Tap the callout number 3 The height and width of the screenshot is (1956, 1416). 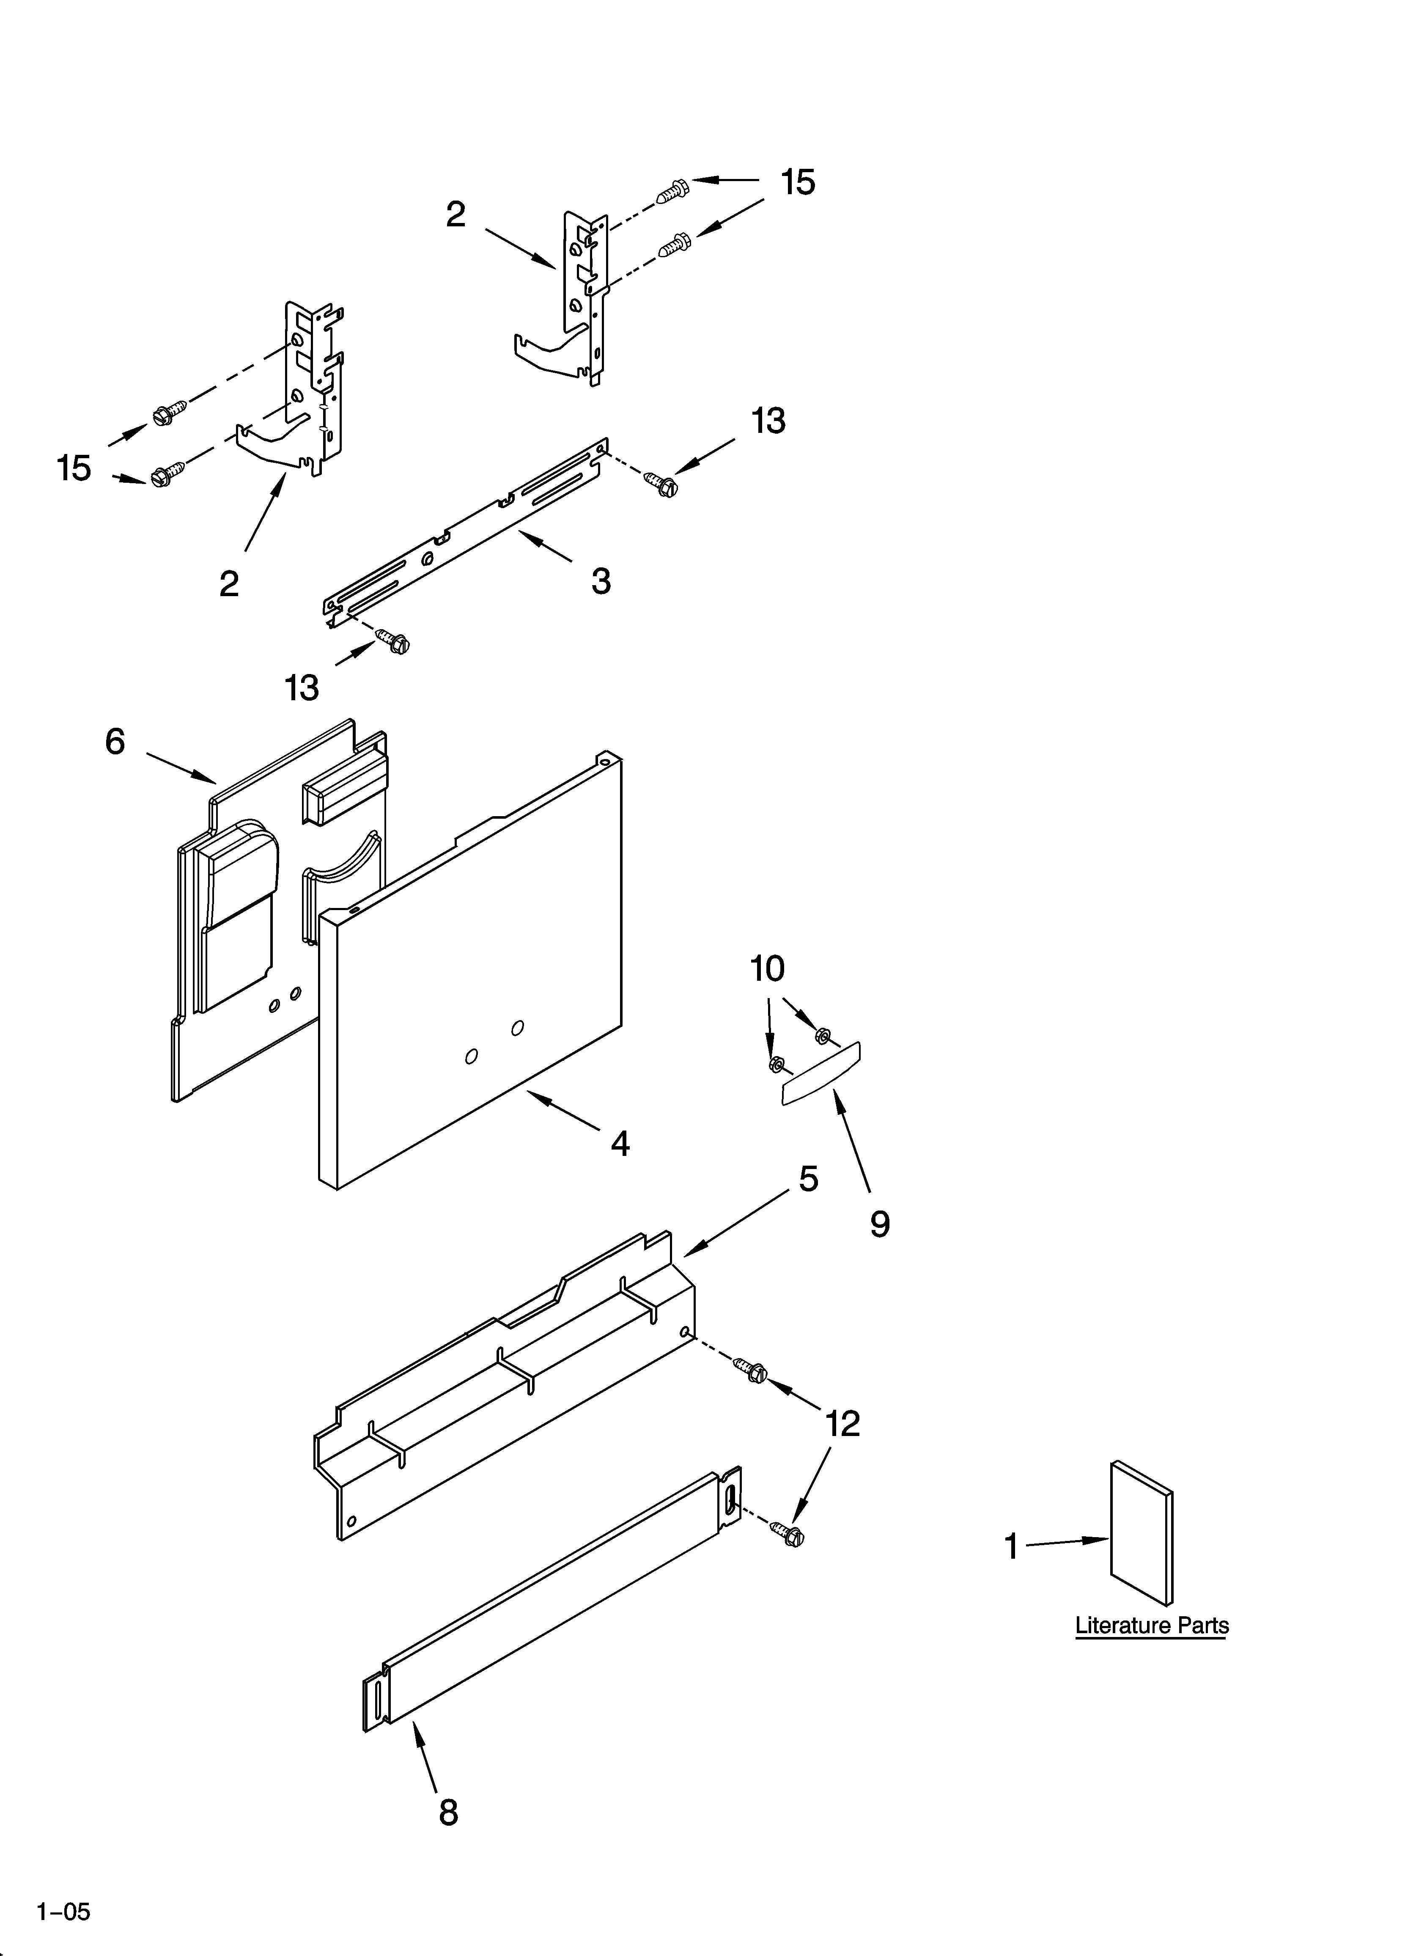pos(601,581)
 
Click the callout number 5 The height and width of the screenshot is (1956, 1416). pos(808,1178)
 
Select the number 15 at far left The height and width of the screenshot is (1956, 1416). pos(74,468)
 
